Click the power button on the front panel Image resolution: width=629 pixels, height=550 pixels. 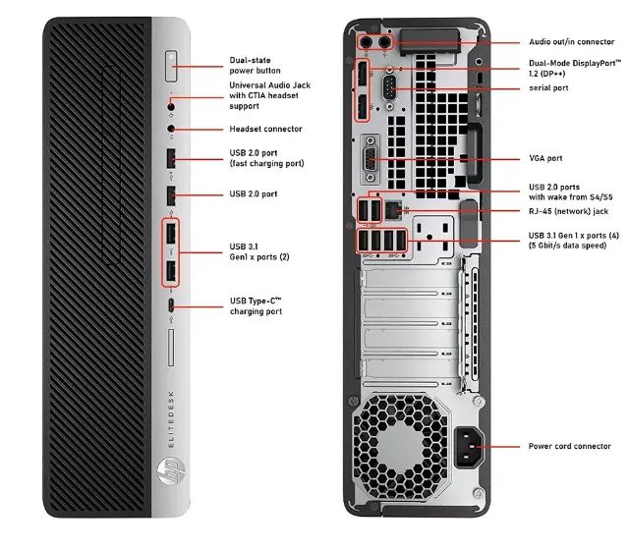tap(173, 67)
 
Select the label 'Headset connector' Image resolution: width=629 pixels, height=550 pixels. tap(265, 129)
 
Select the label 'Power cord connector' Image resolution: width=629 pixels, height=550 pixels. tap(569, 446)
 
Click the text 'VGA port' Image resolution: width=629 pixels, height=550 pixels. tap(545, 158)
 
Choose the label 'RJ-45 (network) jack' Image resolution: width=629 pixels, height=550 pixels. tap(568, 210)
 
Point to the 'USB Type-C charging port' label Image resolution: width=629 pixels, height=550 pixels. tap(256, 305)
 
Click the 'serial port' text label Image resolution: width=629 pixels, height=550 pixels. tap(548, 88)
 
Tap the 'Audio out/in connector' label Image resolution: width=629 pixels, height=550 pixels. tap(571, 42)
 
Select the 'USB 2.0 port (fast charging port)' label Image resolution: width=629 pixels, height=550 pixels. tap(266, 158)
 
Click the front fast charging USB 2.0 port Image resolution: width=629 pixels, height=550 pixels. tap(172, 158)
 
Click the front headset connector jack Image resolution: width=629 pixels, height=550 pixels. tap(173, 128)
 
